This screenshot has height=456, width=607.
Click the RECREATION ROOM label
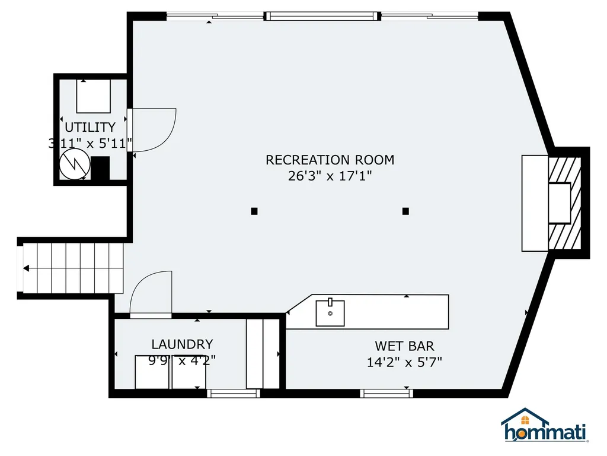pos(330,160)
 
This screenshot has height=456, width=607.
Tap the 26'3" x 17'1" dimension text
pos(330,176)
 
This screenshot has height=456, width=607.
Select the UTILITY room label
pos(90,127)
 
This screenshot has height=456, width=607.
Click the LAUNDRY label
pos(182,344)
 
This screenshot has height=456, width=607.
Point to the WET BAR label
pos(404,346)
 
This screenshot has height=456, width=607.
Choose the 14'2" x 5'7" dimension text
pos(404,362)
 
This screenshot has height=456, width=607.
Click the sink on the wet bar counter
pos(330,313)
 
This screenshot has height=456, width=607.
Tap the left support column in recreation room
pos(254,211)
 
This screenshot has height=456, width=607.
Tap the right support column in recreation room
pos(406,211)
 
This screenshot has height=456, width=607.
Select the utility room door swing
pos(153,129)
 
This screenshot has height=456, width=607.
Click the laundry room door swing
pos(151,294)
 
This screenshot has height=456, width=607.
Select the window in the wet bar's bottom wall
pos(386,393)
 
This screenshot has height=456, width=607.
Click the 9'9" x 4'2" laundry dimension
pos(182,360)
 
